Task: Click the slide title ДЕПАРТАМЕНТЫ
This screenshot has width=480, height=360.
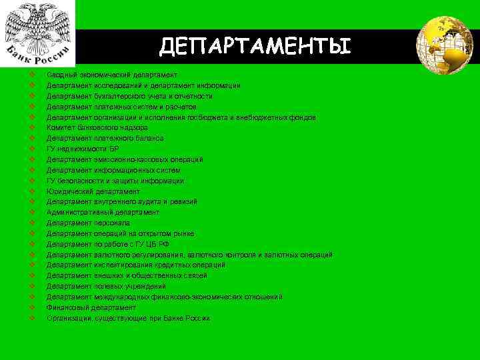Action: (x=255, y=46)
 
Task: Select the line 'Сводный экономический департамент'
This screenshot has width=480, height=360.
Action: (x=111, y=75)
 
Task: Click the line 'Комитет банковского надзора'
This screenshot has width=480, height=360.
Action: (x=97, y=127)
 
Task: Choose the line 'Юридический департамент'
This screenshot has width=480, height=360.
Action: (x=93, y=191)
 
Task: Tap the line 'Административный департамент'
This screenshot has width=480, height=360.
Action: (x=103, y=212)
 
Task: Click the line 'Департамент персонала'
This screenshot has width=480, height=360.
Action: (x=88, y=223)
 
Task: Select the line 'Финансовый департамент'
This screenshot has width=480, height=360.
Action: (x=91, y=307)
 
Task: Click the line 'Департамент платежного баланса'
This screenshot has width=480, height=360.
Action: (x=105, y=138)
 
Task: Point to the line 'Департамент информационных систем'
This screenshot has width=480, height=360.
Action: (x=113, y=170)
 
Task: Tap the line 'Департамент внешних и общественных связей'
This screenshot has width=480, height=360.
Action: (x=127, y=275)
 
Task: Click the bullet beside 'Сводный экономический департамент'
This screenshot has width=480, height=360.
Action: (x=32, y=75)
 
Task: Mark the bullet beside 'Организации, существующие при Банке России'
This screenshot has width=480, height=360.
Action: (x=32, y=318)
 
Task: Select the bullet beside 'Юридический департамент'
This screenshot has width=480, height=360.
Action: (x=32, y=191)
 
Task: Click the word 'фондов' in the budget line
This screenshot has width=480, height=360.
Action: (x=293, y=117)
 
